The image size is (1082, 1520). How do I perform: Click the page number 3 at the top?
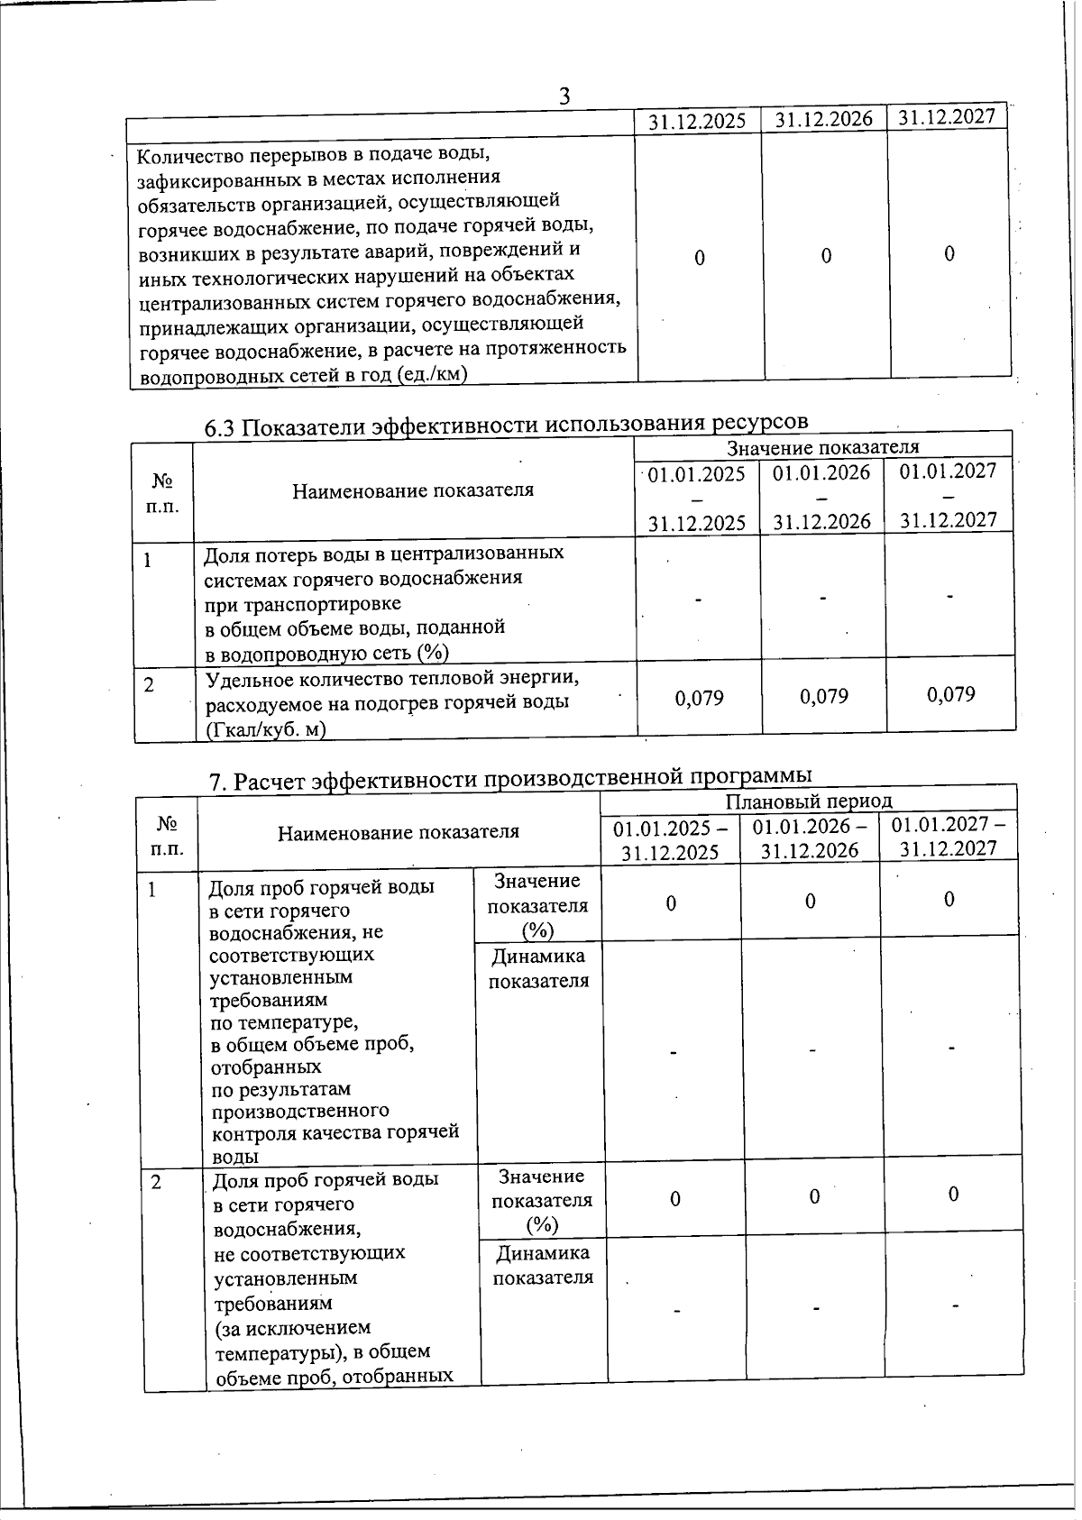pyautogui.click(x=565, y=96)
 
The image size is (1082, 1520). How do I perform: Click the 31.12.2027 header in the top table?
pyautogui.click(x=947, y=115)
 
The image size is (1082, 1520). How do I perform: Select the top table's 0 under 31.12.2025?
pyautogui.click(x=700, y=258)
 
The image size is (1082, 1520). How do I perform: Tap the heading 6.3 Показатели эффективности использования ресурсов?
pyautogui.click(x=506, y=424)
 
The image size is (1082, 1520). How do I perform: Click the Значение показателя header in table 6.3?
pyautogui.click(x=822, y=447)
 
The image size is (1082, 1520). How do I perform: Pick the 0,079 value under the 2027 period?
pyautogui.click(x=950, y=694)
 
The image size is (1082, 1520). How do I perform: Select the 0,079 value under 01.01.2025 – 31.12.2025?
pyautogui.click(x=699, y=697)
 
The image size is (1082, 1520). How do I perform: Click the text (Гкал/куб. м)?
pyautogui.click(x=265, y=728)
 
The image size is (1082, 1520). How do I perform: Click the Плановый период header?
pyautogui.click(x=808, y=801)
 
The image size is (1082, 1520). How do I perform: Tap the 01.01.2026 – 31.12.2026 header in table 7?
pyautogui.click(x=810, y=838)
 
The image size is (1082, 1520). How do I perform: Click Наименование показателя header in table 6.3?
pyautogui.click(x=413, y=490)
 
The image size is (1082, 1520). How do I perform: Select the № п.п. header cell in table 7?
pyautogui.click(x=167, y=835)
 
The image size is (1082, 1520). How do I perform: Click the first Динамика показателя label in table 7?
pyautogui.click(x=538, y=967)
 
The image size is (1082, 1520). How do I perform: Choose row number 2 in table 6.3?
pyautogui.click(x=149, y=684)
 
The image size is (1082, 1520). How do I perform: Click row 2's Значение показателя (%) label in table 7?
pyautogui.click(x=542, y=1200)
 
